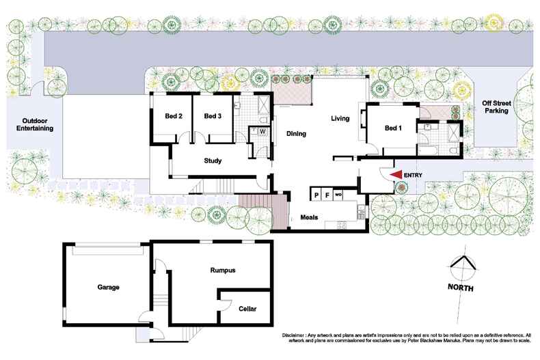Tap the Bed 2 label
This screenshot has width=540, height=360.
[x=173, y=116]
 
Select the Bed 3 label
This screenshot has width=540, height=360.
[x=213, y=116]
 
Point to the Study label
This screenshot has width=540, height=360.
[x=213, y=161]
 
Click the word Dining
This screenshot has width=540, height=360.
[x=295, y=133]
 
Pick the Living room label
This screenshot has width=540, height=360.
[x=340, y=118]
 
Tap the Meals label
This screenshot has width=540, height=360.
[x=309, y=218]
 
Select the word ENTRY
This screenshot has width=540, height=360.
[x=414, y=176]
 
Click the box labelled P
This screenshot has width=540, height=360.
[x=316, y=195]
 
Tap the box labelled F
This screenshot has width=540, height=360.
[x=327, y=195]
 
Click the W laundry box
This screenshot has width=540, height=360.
[x=262, y=130]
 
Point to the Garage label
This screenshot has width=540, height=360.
[x=108, y=287]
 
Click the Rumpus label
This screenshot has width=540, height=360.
[x=222, y=270]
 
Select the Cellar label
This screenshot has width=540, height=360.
[x=247, y=309]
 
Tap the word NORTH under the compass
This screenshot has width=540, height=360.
[x=461, y=288]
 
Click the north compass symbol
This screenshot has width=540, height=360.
[x=463, y=266]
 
